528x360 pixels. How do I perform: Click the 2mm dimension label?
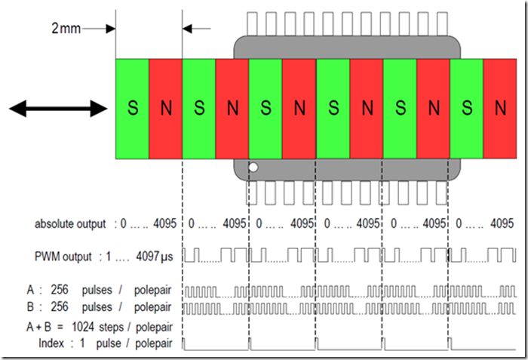[66, 29]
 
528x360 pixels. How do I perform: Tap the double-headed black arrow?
[58, 109]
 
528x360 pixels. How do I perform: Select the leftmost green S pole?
[132, 109]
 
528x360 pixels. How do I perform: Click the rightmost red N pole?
[499, 109]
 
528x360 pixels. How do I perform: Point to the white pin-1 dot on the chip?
[253, 168]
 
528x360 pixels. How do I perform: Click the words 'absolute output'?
[70, 224]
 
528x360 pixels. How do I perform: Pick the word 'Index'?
[51, 343]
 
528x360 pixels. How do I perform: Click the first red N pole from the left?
[165, 109]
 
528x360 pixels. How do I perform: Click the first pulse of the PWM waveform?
[189, 254]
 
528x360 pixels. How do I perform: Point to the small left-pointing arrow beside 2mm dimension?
[198, 29]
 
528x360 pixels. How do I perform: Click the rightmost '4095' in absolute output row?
[502, 224]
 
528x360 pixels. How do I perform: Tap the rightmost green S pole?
[466, 109]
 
